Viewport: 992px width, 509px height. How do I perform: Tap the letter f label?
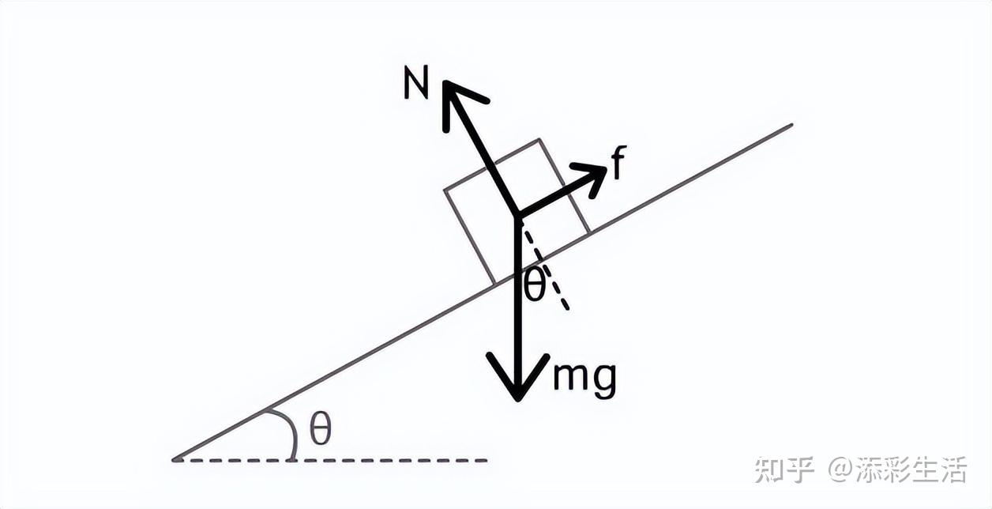coord(618,164)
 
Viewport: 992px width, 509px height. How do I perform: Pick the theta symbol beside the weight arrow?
coord(535,285)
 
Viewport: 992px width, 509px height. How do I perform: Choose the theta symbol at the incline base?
coord(320,431)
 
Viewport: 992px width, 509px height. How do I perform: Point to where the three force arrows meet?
coord(517,216)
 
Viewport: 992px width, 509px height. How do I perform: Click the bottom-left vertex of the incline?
coord(175,458)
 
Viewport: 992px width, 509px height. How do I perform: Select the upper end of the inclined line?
coord(791,124)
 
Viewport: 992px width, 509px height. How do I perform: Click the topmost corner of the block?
coord(539,140)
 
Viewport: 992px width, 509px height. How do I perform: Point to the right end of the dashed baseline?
coord(486,459)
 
